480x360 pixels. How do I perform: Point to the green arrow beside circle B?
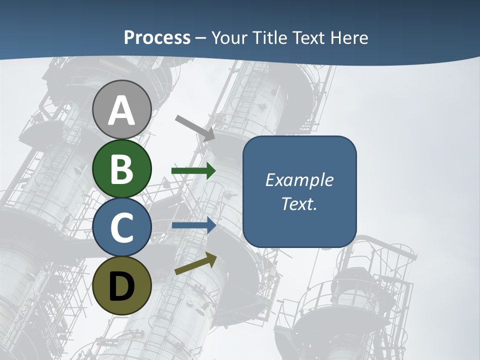tap(193, 171)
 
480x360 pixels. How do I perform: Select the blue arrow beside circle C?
tap(194, 225)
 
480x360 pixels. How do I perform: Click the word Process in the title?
tap(157, 38)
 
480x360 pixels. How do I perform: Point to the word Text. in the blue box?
tap(299, 204)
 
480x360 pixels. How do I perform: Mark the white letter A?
tap(122, 110)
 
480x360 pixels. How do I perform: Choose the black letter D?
tap(122, 286)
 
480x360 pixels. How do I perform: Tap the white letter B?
tap(122, 169)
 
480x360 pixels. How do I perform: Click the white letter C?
tap(122, 227)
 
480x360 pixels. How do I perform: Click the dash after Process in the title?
tap(201, 38)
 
